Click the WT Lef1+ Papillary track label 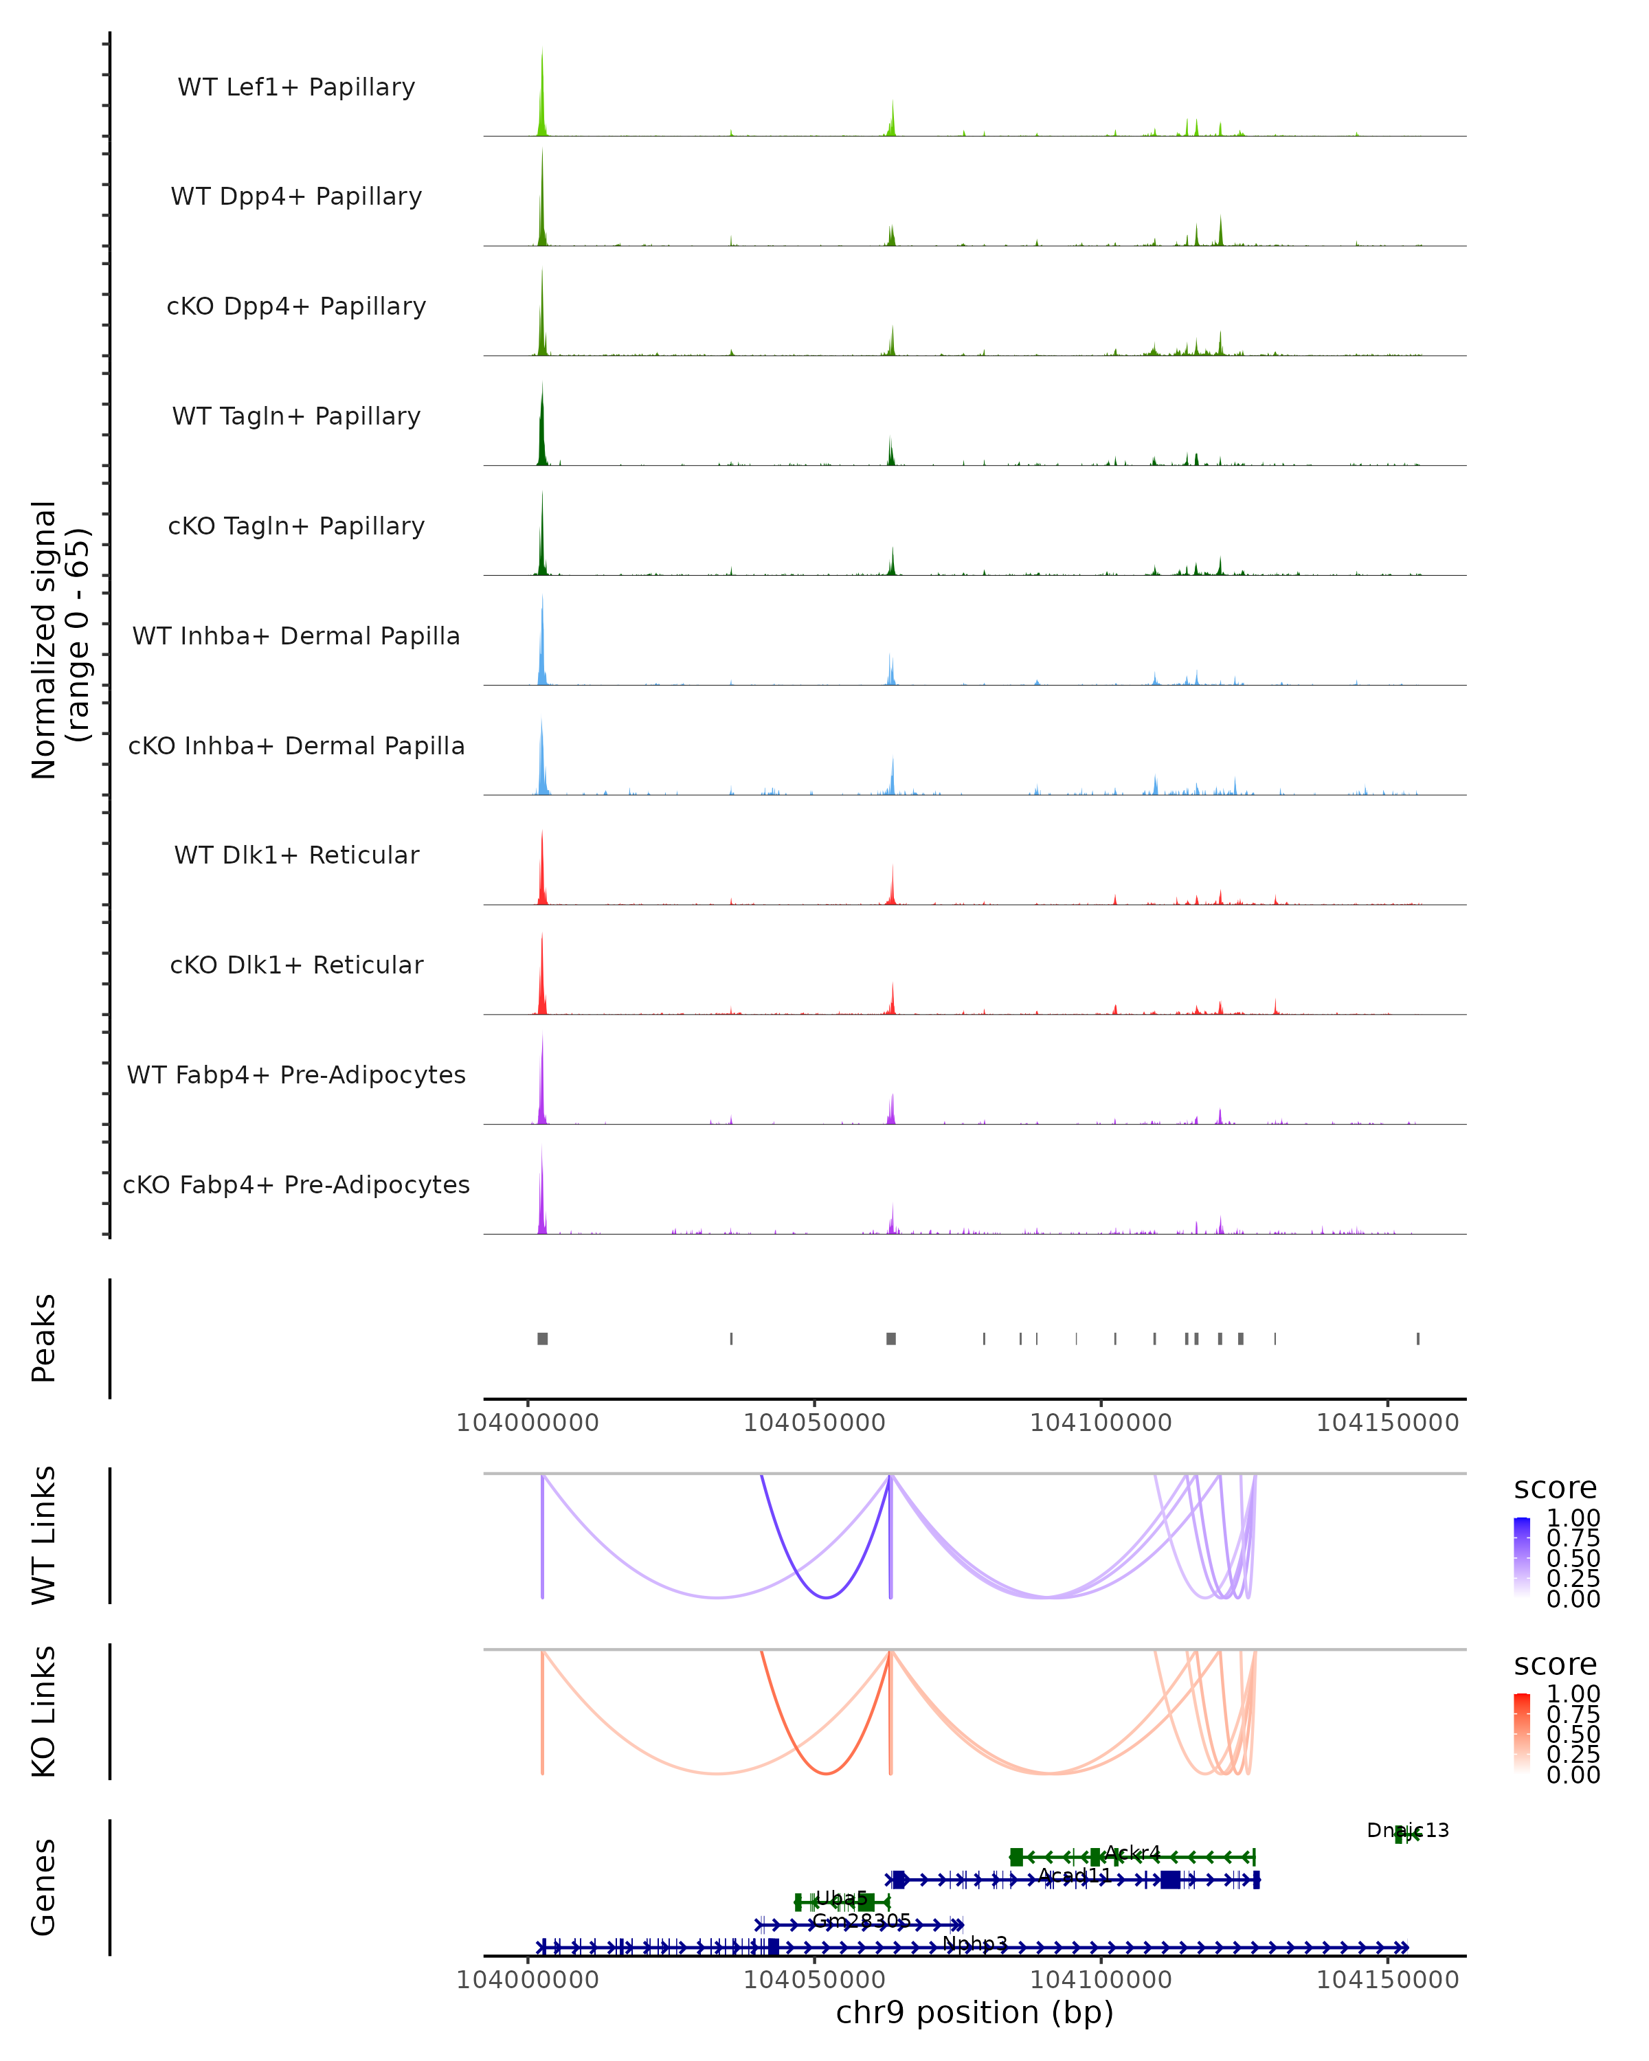tap(296, 87)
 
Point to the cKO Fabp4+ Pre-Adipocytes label tap(296, 1184)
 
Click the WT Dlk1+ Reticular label tap(296, 855)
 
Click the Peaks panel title tap(44, 1338)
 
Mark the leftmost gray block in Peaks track tap(542, 1338)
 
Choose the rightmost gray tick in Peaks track tap(1417, 1338)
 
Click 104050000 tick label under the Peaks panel tap(814, 1423)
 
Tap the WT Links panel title tap(44, 1535)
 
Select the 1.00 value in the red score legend tap(1573, 1694)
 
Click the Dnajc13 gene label tap(1407, 1829)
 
